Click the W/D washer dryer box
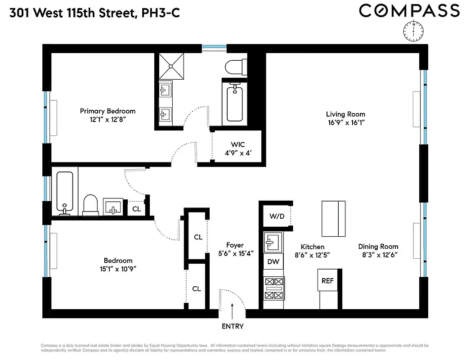(277, 216)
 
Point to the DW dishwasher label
(273, 261)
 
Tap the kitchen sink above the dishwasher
(273, 243)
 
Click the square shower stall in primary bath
(171, 66)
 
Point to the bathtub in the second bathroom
(66, 192)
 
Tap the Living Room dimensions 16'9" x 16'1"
(345, 122)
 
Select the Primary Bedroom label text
(108, 111)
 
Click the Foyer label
(235, 245)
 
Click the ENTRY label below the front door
(233, 326)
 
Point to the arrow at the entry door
(233, 310)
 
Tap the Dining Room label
(378, 246)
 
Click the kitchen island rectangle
(334, 219)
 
